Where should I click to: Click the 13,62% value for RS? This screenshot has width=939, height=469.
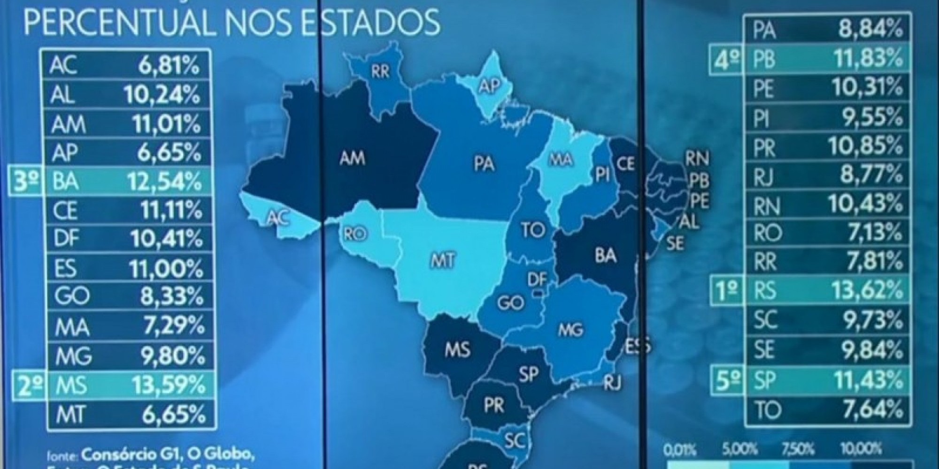867,291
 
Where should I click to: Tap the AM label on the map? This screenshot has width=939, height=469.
352,158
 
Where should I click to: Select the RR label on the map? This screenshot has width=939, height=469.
380,73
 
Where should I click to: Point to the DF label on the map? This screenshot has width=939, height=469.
537,280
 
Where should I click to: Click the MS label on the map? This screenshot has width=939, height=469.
457,349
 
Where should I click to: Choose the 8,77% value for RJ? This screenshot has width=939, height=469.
872,175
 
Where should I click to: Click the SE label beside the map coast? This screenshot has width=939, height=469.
675,242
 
